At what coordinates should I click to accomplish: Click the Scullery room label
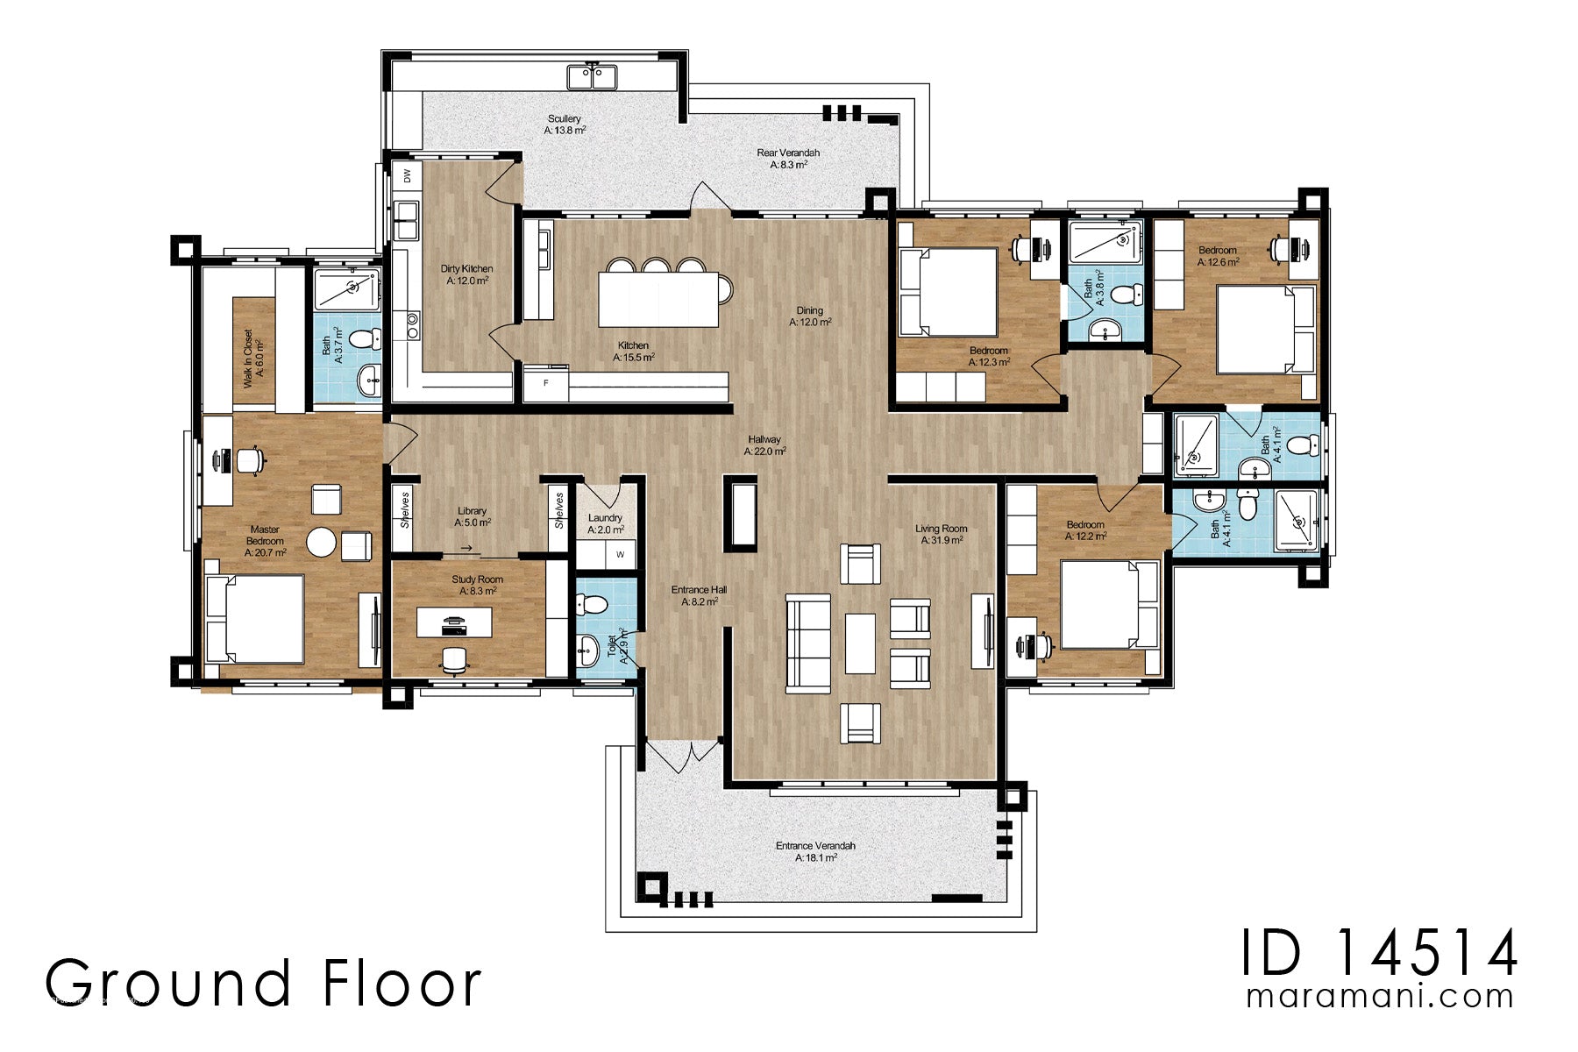tap(565, 124)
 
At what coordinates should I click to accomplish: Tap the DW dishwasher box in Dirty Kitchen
tap(407, 175)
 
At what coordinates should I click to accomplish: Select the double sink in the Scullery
tap(591, 77)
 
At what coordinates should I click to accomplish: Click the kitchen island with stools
tap(658, 299)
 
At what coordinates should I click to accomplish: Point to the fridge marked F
tap(546, 384)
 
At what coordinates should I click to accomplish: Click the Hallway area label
tap(764, 445)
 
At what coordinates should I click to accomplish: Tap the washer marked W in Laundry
tap(621, 554)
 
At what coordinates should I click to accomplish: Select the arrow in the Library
tap(466, 549)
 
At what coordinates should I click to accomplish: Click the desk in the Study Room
tap(453, 622)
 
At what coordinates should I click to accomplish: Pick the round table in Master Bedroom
tap(321, 543)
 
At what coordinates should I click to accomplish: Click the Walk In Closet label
tap(253, 359)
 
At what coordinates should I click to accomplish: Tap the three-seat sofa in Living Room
tap(807, 642)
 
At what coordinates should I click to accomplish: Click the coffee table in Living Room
tap(860, 643)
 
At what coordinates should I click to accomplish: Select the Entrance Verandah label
tap(815, 851)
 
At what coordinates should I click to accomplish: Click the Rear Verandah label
tap(788, 159)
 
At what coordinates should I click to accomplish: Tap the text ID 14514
tap(1379, 954)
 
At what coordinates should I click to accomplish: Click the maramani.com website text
tap(1379, 997)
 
